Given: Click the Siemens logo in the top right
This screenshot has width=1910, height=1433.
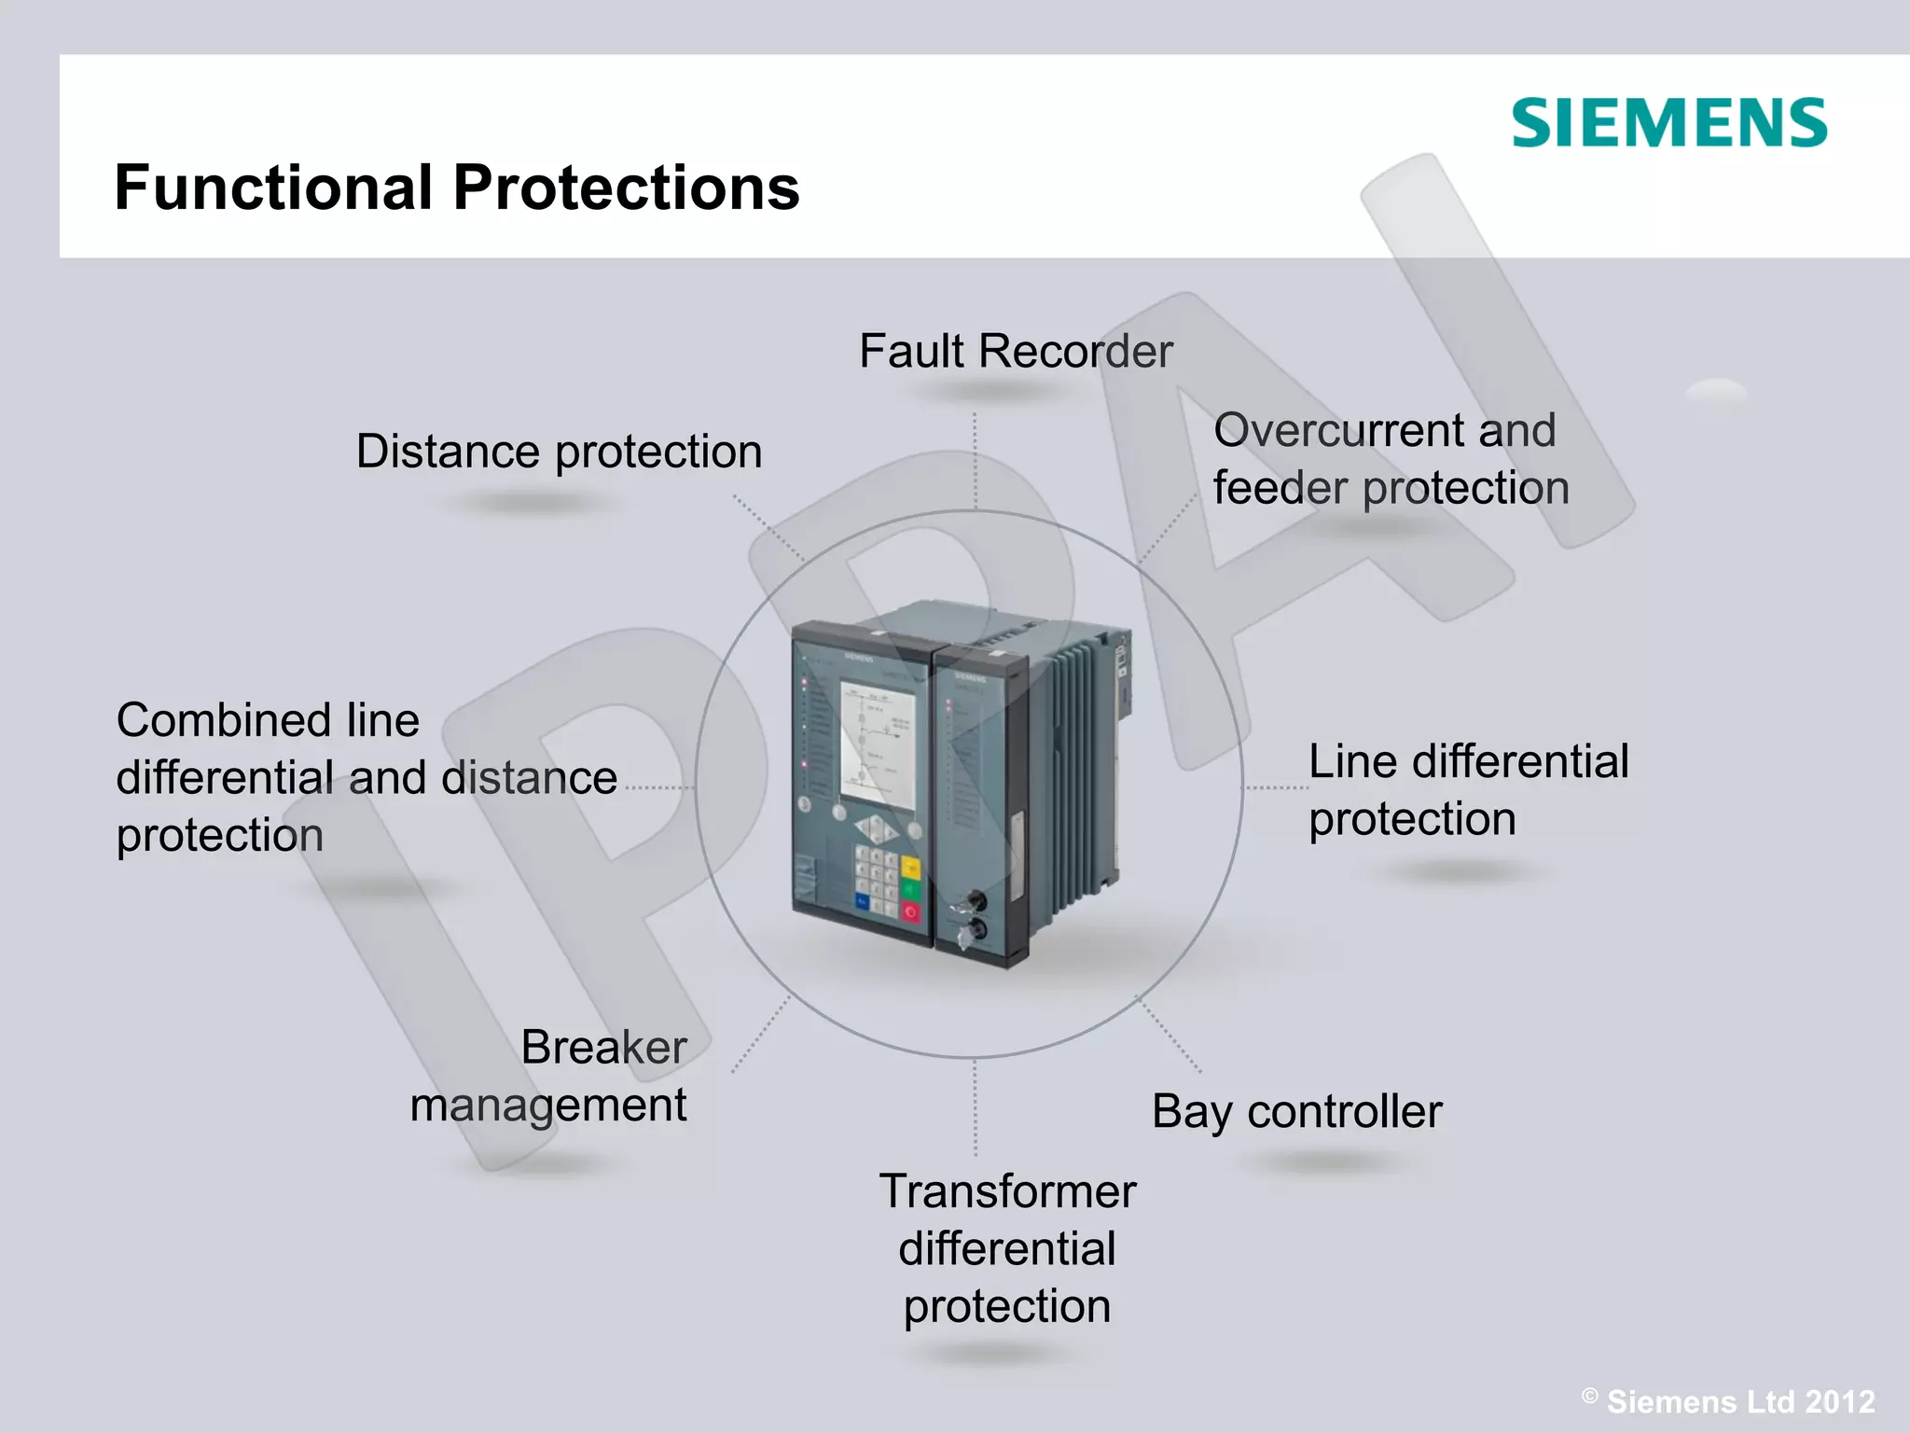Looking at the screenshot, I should [1668, 123].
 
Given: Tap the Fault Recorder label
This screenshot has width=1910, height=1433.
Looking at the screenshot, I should [1015, 352].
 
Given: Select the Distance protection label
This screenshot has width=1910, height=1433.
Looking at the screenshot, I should [559, 452].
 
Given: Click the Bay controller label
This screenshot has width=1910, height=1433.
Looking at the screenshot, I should [1296, 1112].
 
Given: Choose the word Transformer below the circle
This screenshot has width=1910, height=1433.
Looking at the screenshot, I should [1007, 1191].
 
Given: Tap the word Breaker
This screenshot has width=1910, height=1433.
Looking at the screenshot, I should [603, 1047].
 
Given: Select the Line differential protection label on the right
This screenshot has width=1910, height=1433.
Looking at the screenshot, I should [1468, 789].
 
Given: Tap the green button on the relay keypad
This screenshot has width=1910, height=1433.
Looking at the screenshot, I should [910, 890].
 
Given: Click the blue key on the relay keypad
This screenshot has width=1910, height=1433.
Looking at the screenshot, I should [863, 902].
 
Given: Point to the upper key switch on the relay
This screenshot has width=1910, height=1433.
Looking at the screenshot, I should [974, 901].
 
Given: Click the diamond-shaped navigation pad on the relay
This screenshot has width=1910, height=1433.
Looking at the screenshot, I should [876, 828].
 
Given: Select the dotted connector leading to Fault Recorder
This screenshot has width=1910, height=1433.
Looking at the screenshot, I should [976, 461].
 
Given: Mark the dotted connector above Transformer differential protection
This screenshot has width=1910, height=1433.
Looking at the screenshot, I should [976, 1107].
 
